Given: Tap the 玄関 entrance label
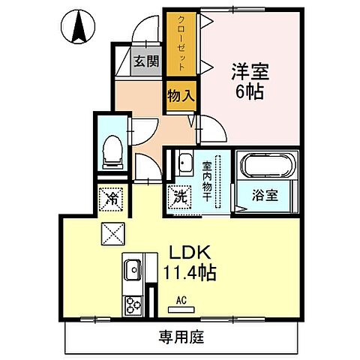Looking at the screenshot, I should (x=146, y=62).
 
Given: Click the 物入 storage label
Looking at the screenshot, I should (x=180, y=97).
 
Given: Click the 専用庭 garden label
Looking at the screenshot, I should (x=180, y=337).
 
